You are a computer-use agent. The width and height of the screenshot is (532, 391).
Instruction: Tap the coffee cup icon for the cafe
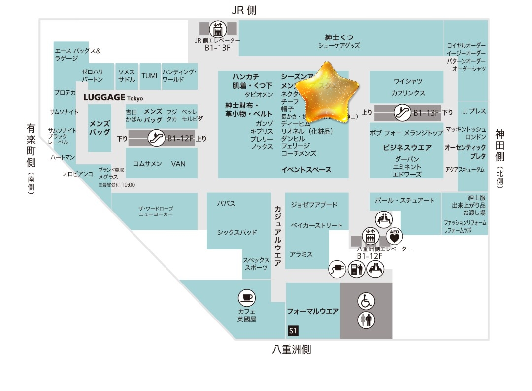(246, 298)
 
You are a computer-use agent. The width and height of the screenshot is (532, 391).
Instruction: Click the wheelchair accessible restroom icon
(366, 301)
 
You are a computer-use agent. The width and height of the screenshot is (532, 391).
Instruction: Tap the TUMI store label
(149, 76)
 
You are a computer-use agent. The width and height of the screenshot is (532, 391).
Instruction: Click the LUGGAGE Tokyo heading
(113, 98)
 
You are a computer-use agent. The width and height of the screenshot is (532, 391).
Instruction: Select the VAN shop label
(178, 164)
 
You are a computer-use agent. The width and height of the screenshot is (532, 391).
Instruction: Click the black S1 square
(293, 331)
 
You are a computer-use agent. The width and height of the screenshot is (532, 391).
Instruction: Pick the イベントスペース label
(306, 170)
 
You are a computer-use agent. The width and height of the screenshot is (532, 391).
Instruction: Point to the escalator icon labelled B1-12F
(156, 138)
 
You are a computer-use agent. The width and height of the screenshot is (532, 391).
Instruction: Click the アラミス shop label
(301, 254)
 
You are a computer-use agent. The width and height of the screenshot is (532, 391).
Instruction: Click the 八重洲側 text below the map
(291, 350)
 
